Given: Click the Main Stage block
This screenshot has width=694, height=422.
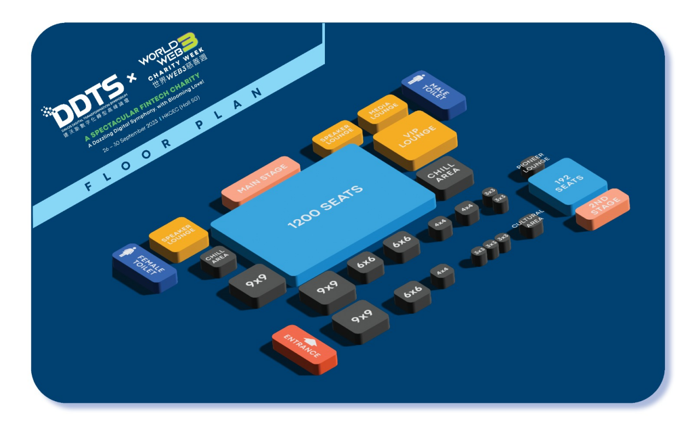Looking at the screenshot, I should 261,180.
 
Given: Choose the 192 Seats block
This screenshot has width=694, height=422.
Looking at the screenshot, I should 567,184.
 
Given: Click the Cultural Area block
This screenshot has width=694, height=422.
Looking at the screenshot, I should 529,221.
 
